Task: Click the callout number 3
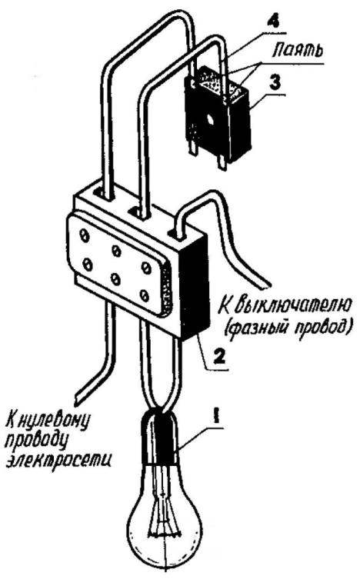coord(275,82)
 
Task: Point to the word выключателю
coord(285,306)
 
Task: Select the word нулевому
coord(56,420)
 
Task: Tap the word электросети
coord(59,460)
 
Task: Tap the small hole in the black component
coord(210,119)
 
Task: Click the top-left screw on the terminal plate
coord(85,235)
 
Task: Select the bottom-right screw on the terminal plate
coord(145,294)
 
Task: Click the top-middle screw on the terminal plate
coord(117,251)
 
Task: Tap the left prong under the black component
coord(194,151)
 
